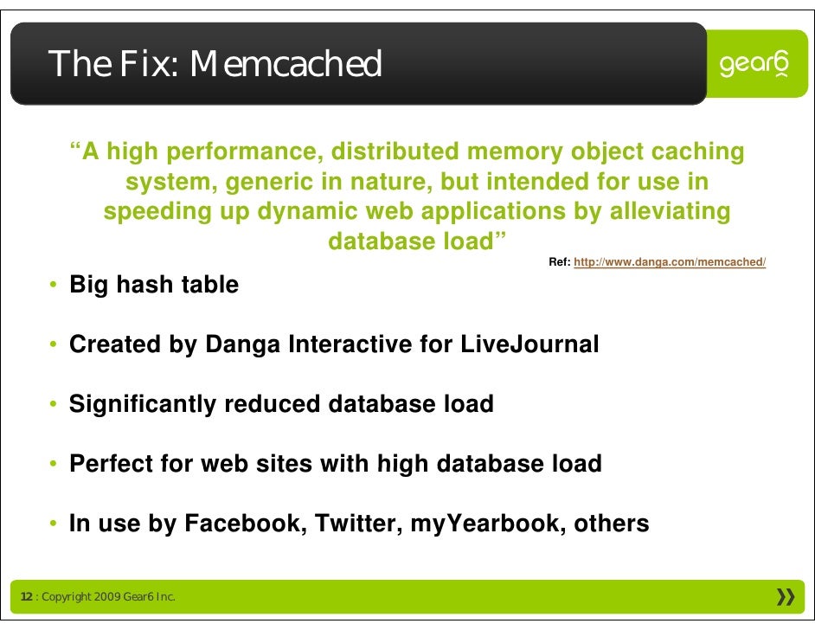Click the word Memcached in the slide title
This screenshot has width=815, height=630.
(286, 64)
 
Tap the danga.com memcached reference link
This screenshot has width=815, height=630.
(670, 262)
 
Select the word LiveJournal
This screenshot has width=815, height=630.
(529, 344)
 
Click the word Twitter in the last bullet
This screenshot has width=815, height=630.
(355, 524)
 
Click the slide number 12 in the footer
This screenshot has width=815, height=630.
(26, 598)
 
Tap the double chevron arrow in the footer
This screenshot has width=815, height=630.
(786, 597)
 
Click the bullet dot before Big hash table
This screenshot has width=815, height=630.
(54, 286)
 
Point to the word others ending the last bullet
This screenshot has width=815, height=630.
(610, 524)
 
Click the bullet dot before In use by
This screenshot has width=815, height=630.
(54, 524)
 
